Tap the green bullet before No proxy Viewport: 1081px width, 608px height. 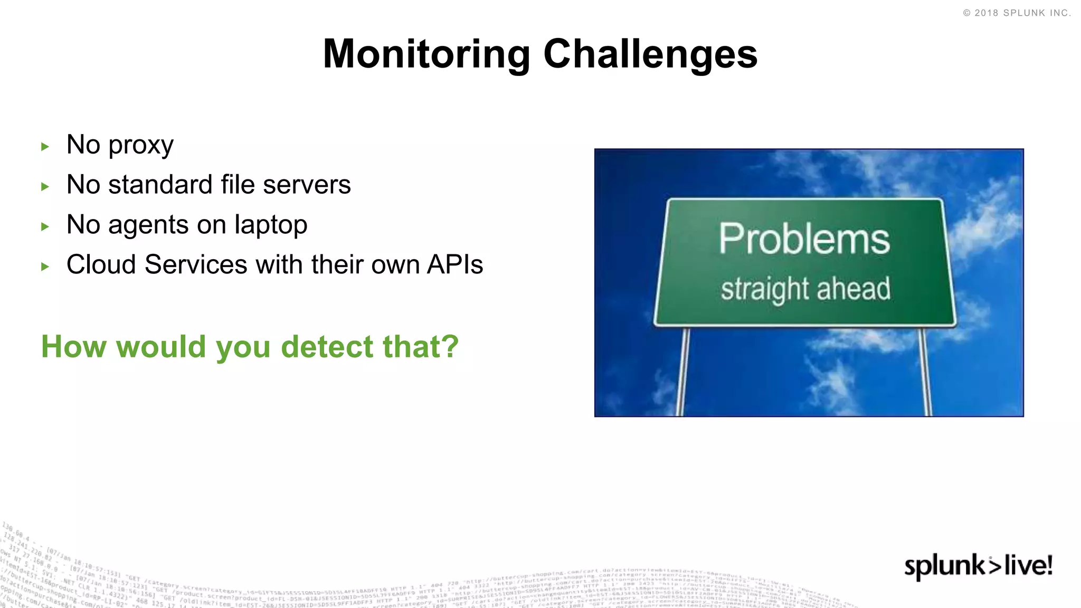point(45,147)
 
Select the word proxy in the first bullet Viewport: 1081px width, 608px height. point(141,146)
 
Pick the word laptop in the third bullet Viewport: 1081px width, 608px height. point(271,226)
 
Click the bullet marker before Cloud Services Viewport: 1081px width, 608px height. point(45,267)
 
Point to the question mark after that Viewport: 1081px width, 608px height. point(450,347)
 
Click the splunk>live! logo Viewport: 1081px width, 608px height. point(978,566)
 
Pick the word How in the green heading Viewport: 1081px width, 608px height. point(74,347)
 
